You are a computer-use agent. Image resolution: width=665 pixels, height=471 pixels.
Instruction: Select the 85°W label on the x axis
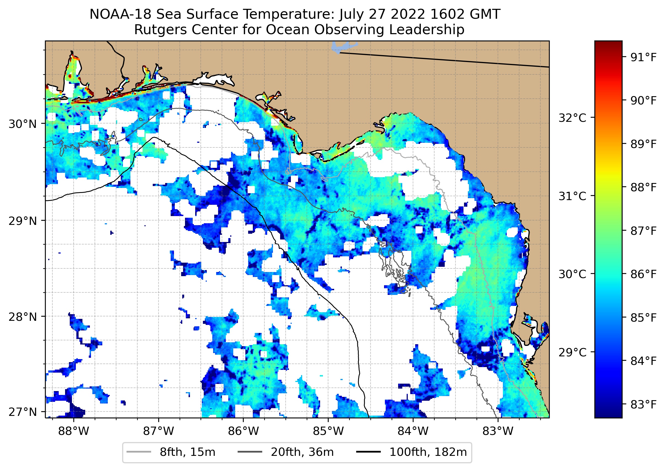pyautogui.click(x=328, y=431)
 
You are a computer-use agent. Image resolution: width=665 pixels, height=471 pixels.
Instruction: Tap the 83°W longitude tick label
pyautogui.click(x=498, y=431)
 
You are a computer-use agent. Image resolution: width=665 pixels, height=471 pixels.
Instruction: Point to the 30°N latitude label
pyautogui.click(x=23, y=124)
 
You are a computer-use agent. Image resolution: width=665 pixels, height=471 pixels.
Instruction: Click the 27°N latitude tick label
pyautogui.click(x=23, y=412)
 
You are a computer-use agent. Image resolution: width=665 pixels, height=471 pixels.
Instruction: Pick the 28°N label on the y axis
pyautogui.click(x=23, y=317)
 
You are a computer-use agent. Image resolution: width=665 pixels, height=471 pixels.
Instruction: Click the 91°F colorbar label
pyautogui.click(x=643, y=57)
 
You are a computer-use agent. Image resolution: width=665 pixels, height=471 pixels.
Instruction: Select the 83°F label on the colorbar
pyautogui.click(x=643, y=404)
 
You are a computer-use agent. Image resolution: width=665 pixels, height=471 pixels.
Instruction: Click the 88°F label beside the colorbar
pyautogui.click(x=643, y=187)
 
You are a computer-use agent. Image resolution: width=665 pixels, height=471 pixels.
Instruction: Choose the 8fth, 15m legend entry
pyautogui.click(x=187, y=452)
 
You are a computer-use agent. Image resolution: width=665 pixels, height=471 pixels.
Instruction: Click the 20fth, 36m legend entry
pyautogui.click(x=302, y=452)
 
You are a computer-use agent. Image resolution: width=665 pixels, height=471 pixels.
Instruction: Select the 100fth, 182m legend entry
pyautogui.click(x=428, y=452)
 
